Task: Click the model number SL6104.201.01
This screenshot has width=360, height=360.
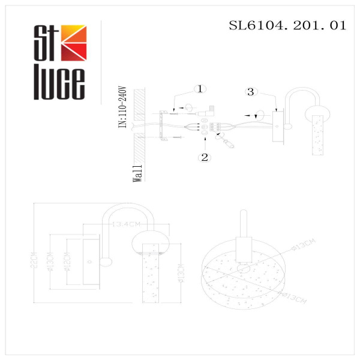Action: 288,26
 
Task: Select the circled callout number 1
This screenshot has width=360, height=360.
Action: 200,89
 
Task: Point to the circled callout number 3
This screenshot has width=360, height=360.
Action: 251,92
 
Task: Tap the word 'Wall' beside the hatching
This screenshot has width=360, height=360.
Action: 138,172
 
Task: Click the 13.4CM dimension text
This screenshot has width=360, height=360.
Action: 126,225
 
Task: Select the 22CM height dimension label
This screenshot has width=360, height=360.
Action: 35,260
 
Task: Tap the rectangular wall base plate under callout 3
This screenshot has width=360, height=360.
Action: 278,127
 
